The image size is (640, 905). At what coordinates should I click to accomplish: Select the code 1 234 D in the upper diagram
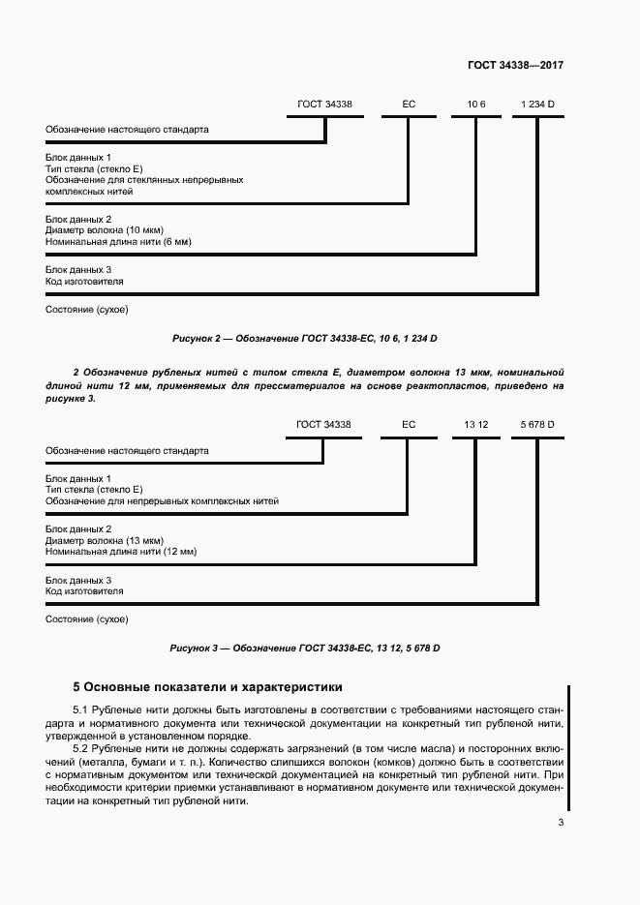(537, 103)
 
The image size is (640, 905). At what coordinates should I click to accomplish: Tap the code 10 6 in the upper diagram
(476, 103)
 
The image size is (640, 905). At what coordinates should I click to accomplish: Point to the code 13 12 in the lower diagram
(475, 424)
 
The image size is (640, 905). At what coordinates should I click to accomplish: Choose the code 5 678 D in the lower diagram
(537, 424)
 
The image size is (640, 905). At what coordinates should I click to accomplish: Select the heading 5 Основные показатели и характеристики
(207, 688)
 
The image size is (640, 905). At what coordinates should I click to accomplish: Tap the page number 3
(561, 823)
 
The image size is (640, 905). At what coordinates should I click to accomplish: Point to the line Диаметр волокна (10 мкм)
(105, 230)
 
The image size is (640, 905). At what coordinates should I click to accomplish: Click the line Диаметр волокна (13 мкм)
(105, 540)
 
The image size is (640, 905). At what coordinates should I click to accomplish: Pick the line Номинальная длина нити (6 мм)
(118, 241)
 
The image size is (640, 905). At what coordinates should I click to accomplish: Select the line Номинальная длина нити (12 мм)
(121, 551)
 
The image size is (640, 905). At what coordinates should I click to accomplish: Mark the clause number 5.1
(81, 711)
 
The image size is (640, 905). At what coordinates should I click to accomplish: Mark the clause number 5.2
(81, 750)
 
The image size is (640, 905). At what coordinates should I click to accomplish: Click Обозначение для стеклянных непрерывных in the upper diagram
(144, 180)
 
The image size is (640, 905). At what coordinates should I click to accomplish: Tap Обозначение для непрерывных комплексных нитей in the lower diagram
(162, 501)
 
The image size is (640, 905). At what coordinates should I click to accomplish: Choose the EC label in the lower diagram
(408, 424)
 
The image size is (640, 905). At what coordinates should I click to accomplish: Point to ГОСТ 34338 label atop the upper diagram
(323, 103)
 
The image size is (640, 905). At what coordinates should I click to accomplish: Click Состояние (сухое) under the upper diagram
(86, 310)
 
